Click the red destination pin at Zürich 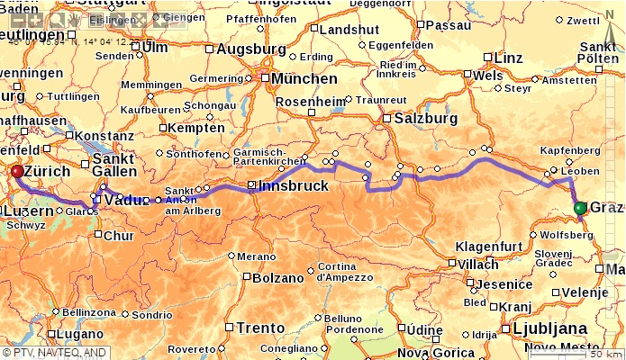click(x=16, y=171)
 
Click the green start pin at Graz click(x=580, y=209)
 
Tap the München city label click(x=304, y=79)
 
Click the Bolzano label click(x=278, y=278)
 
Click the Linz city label click(x=508, y=58)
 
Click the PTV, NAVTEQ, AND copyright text click(x=54, y=353)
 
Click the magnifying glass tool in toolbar click(x=56, y=19)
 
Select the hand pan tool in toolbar click(x=74, y=19)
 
